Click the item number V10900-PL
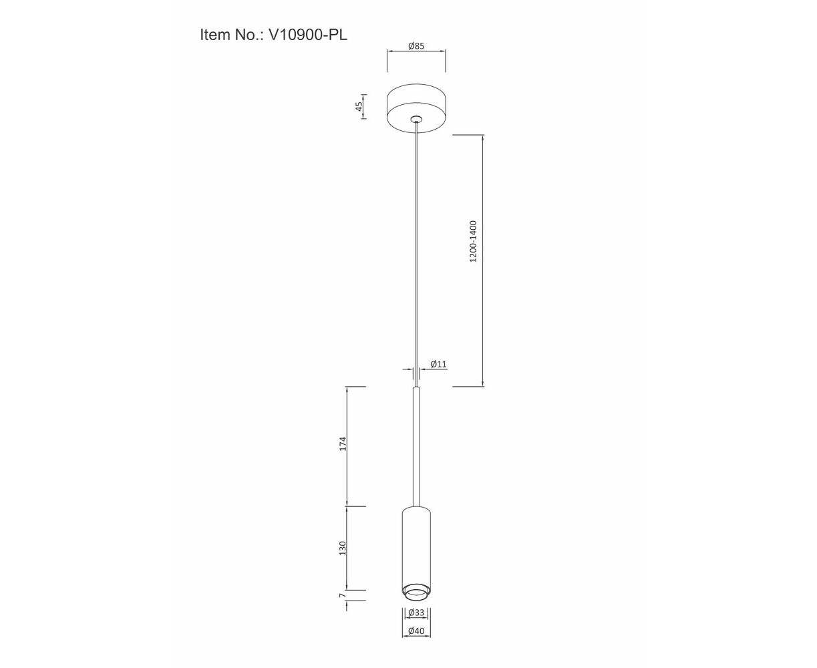(308, 35)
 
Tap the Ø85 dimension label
(416, 45)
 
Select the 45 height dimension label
(359, 106)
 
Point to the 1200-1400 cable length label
(473, 241)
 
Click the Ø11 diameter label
(438, 364)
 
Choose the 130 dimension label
(342, 548)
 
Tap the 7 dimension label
(341, 595)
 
